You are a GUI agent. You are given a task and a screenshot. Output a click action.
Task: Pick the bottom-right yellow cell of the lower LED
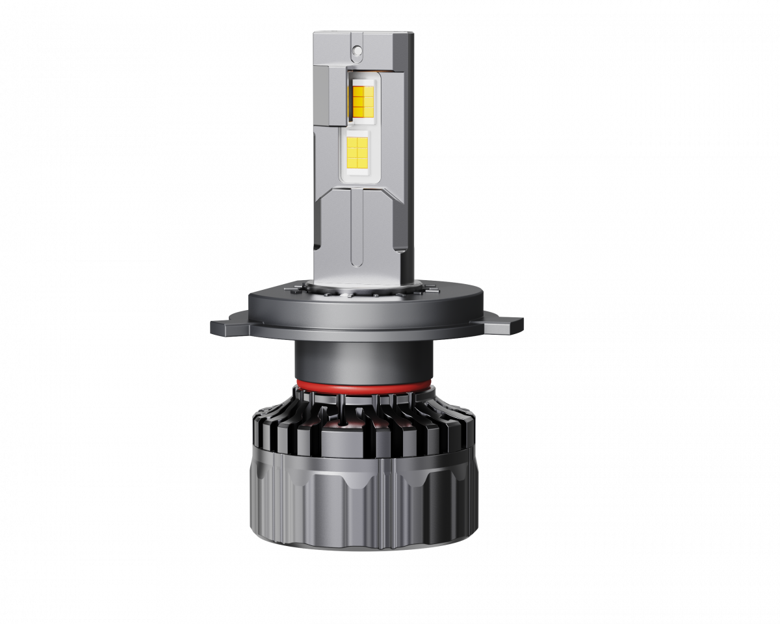(365, 158)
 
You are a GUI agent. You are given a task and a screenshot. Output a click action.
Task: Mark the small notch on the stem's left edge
(315, 246)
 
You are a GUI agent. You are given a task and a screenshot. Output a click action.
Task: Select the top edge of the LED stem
(363, 32)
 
